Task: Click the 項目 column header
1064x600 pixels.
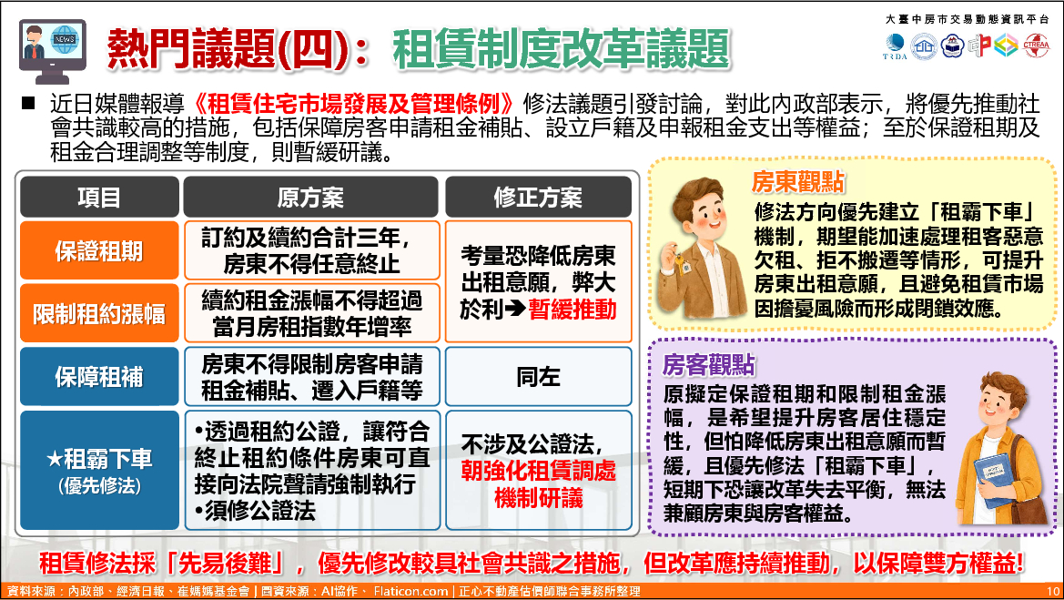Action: (99, 198)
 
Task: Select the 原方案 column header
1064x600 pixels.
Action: (310, 198)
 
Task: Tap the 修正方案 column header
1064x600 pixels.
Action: (538, 198)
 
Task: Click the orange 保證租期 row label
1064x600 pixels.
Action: (99, 250)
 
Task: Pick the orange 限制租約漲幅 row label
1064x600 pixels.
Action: (99, 313)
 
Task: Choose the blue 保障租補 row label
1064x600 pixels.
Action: (99, 377)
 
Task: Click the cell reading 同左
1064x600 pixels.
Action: (538, 377)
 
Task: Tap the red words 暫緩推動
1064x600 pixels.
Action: (573, 310)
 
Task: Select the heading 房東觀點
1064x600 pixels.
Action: (798, 182)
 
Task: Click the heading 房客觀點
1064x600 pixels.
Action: (708, 365)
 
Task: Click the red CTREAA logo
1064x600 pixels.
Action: (1036, 46)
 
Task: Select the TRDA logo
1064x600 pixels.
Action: (895, 46)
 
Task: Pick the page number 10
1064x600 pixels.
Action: (1052, 591)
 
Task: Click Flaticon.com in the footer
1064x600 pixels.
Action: (410, 591)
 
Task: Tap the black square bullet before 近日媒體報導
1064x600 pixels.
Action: (28, 103)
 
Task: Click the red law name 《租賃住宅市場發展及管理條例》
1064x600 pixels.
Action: (353, 104)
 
